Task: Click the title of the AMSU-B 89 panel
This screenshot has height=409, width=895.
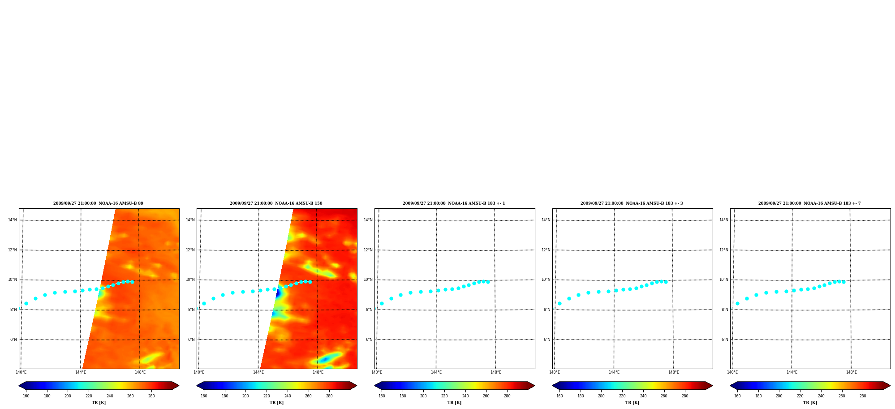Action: point(98,203)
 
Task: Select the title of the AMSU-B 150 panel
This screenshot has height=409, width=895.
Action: point(276,203)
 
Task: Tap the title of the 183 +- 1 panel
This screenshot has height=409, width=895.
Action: point(454,203)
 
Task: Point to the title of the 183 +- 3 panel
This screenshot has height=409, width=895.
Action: point(632,203)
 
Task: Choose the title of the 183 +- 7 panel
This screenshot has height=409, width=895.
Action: point(809,203)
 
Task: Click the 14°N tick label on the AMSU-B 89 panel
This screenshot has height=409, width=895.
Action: point(12,220)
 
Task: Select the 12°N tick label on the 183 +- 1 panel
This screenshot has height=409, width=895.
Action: point(368,250)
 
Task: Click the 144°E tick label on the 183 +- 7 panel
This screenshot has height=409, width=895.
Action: point(792,372)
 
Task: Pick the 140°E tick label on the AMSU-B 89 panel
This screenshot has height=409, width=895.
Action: point(21,372)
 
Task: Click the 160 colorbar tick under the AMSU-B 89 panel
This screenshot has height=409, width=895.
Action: point(26,396)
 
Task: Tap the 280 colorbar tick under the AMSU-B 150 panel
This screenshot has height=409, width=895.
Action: point(329,396)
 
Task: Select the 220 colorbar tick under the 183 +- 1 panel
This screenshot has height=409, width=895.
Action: point(444,396)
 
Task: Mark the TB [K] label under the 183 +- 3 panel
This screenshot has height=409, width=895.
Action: point(632,403)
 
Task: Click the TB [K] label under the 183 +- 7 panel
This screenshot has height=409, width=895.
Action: point(810,403)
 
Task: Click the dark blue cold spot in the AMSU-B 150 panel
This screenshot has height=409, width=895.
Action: point(278,293)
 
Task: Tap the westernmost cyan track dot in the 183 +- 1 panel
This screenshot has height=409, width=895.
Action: point(382,303)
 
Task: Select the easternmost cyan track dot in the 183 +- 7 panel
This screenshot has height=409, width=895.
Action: point(843,282)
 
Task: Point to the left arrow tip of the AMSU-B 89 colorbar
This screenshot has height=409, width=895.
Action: point(19,386)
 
